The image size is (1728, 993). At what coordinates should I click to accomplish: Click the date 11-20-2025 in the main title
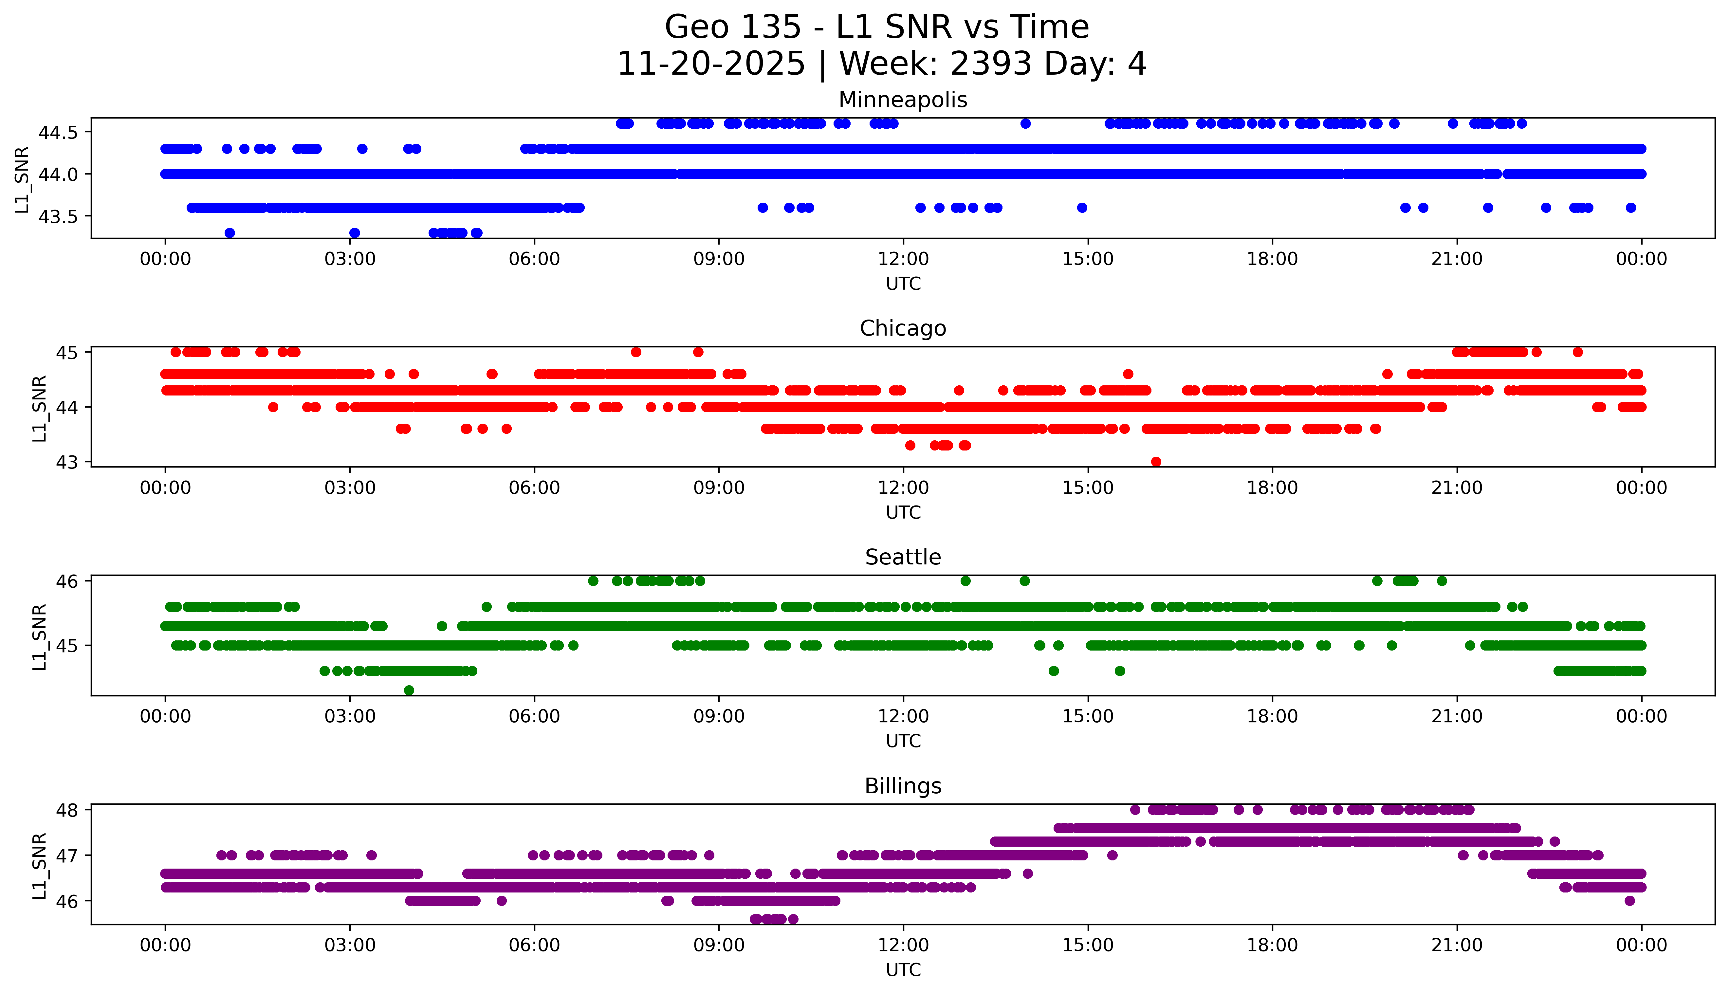(711, 64)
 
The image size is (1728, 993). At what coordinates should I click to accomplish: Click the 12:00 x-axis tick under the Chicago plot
(904, 487)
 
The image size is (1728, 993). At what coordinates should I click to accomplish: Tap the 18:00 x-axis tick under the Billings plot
(1273, 945)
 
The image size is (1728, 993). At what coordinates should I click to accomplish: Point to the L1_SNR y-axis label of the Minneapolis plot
(23, 180)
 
